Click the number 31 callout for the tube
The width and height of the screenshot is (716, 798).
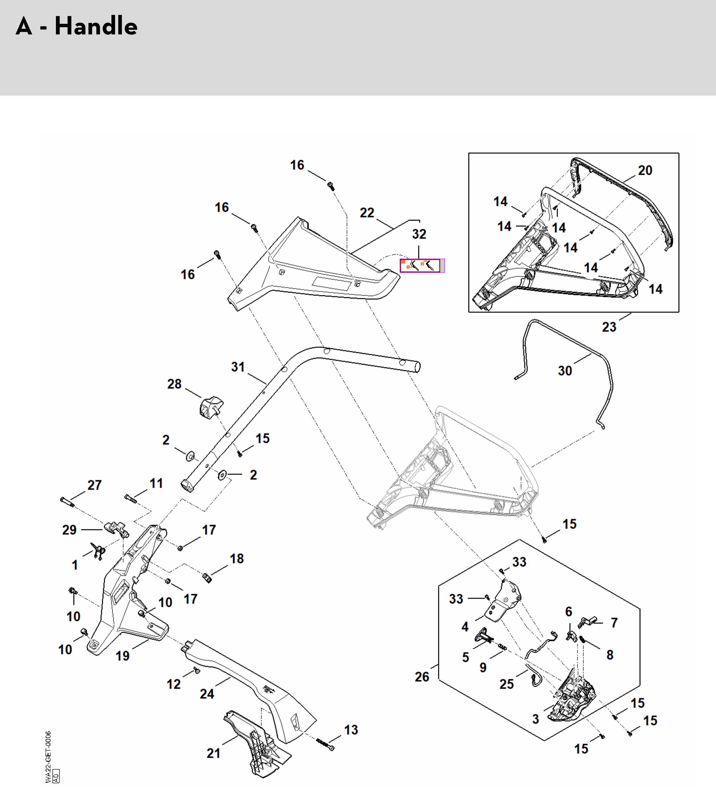coord(238,367)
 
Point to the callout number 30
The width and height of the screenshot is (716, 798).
coord(565,371)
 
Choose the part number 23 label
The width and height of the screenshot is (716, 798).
coord(609,326)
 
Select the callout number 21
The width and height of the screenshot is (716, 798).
coord(213,753)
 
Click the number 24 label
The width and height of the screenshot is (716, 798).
coord(207,694)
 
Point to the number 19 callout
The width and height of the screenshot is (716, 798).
coord(122,656)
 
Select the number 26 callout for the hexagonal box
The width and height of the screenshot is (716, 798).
coord(422,677)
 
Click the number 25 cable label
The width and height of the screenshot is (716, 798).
coord(507,684)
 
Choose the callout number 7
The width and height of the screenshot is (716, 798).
coord(614,623)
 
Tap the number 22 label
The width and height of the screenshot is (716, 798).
coord(367,213)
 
